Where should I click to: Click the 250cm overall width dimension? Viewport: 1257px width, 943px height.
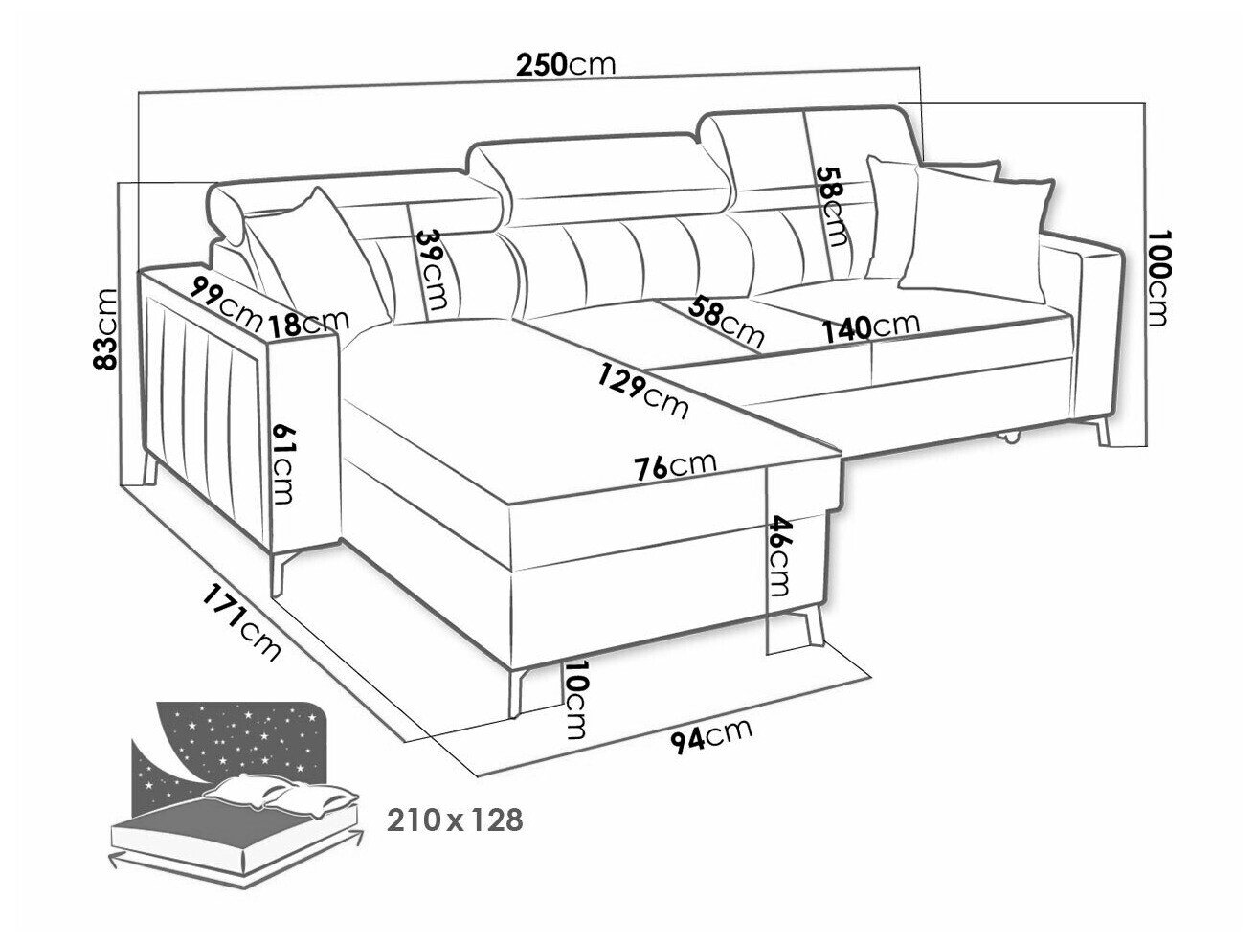[566, 65]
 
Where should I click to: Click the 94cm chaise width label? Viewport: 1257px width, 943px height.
[710, 738]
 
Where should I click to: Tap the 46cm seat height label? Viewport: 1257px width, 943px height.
[777, 555]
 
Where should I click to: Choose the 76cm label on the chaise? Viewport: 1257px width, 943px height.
[675, 466]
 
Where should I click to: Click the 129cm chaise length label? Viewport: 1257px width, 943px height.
[642, 392]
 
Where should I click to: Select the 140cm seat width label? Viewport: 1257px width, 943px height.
[871, 326]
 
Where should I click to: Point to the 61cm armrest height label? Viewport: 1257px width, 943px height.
[282, 463]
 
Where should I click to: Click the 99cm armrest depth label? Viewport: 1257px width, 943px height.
[225, 303]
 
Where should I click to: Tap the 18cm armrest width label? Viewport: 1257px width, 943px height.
[308, 323]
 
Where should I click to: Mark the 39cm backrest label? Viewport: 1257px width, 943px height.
[433, 269]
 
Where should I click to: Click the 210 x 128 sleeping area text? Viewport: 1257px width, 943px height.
[456, 820]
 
